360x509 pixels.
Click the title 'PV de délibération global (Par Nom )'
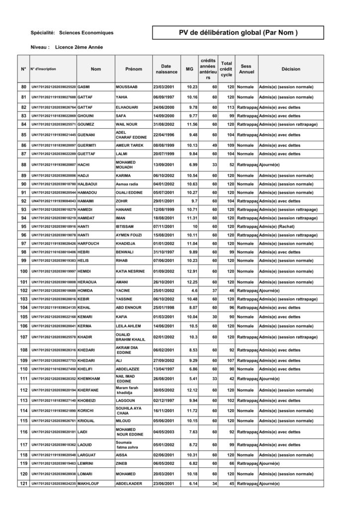point(238,33)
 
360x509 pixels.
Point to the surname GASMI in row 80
point(84,87)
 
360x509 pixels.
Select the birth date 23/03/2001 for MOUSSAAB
point(164,87)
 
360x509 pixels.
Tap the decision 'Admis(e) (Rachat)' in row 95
point(279,226)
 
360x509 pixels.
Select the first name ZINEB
point(122,463)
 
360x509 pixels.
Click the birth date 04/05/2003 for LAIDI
point(164,431)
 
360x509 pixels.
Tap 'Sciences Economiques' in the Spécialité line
point(86,33)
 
